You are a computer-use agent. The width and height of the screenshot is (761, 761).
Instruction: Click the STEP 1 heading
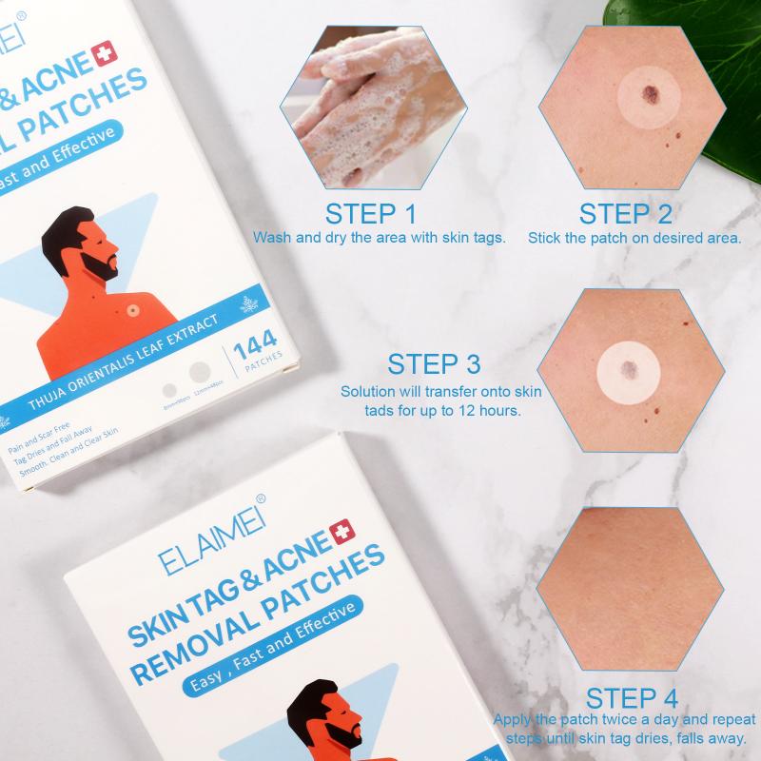(371, 212)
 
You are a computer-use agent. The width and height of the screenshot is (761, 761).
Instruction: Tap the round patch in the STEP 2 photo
(646, 97)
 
